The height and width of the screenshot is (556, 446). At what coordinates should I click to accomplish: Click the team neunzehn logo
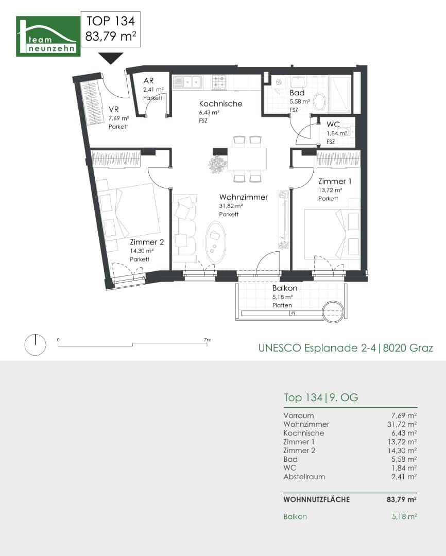click(48, 36)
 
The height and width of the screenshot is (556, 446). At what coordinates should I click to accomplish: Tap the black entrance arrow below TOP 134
click(111, 58)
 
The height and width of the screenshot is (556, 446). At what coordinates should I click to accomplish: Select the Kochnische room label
click(221, 103)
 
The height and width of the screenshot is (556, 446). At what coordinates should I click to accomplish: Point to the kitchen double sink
click(186, 82)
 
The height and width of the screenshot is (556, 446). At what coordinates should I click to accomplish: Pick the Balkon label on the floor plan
click(285, 288)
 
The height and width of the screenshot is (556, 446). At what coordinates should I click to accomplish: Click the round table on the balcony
click(333, 311)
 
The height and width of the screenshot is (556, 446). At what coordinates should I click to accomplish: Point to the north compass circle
click(35, 344)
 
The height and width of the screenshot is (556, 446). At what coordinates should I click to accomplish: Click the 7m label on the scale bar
click(208, 340)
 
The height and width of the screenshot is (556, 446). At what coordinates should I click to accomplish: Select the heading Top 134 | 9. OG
click(321, 397)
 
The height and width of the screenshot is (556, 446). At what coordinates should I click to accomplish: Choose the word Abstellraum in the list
click(304, 477)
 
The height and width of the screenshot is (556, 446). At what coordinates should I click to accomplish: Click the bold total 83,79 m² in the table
click(402, 499)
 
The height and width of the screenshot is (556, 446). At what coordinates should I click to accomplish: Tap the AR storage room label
click(148, 81)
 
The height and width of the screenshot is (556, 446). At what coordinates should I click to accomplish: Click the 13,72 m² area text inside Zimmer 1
click(330, 190)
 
